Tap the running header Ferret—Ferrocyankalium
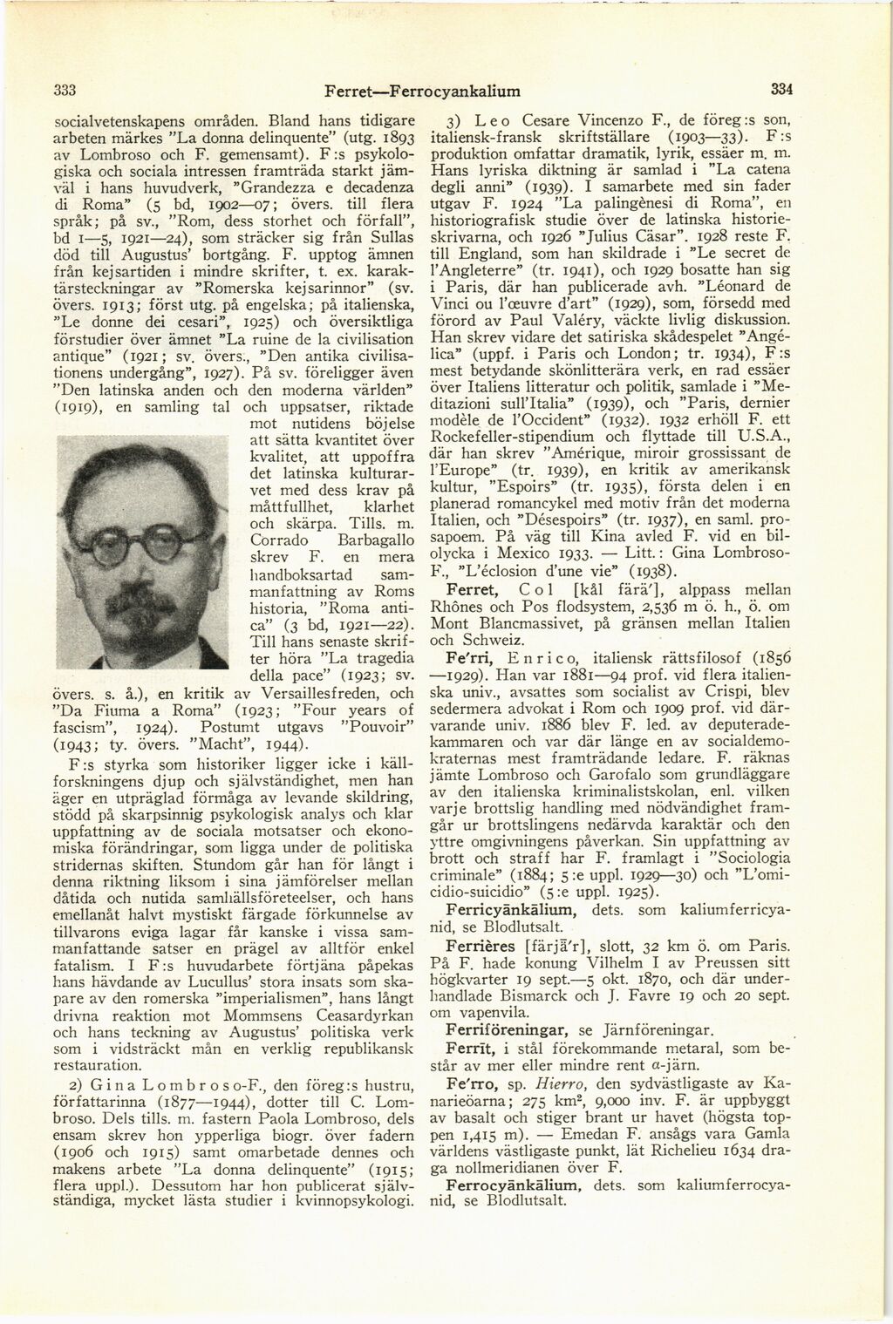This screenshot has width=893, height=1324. (422, 90)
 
